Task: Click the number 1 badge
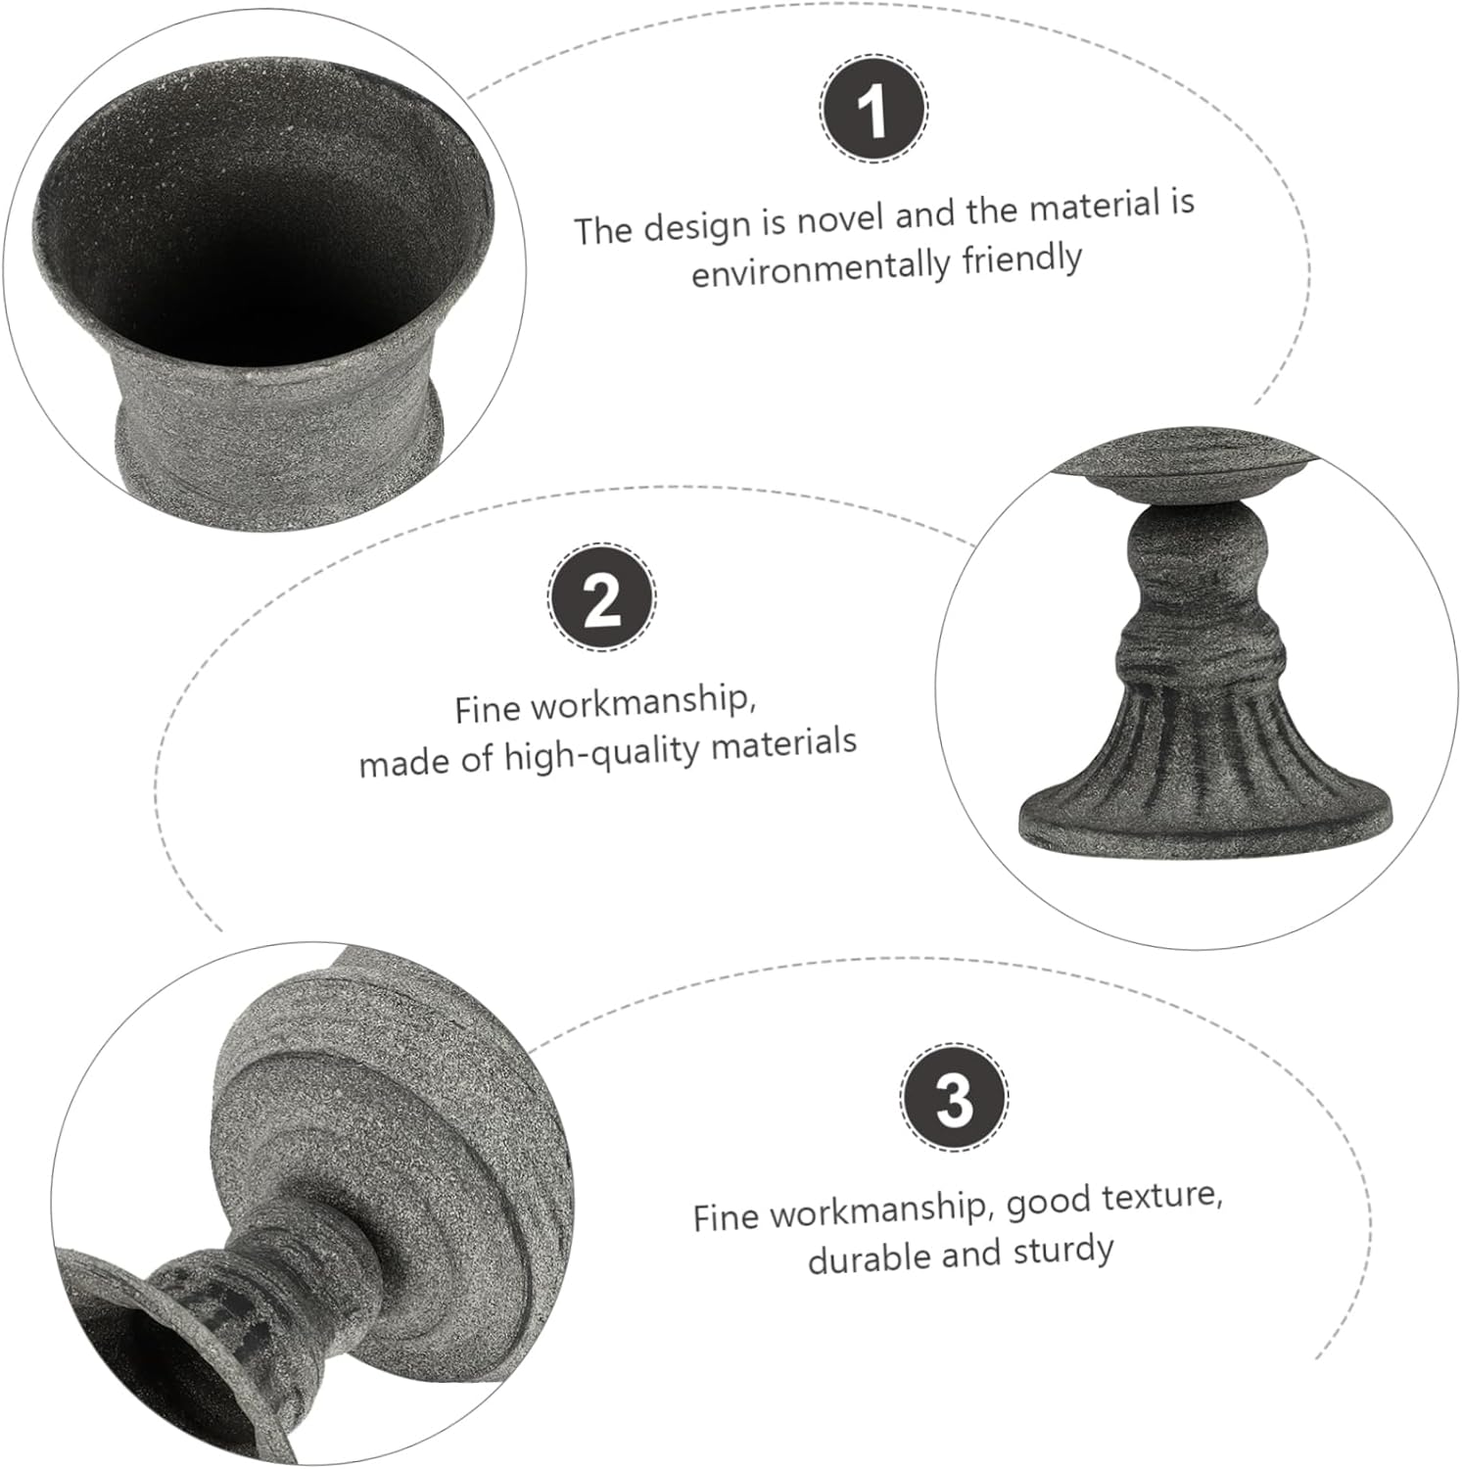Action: (872, 107)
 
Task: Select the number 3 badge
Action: (954, 1097)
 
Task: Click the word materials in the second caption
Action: (783, 745)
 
